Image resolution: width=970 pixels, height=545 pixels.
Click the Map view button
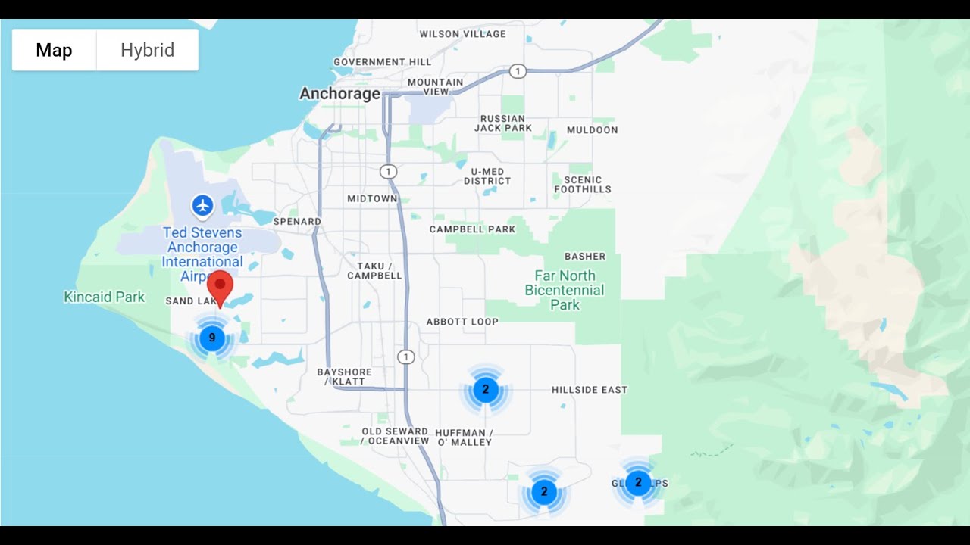(54, 51)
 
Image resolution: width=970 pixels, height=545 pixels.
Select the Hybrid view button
(147, 51)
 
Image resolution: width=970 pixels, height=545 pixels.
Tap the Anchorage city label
(339, 94)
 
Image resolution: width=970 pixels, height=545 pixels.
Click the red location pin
(220, 286)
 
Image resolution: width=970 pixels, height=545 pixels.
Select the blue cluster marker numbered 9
(212, 338)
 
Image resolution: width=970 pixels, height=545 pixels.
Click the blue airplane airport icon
(202, 205)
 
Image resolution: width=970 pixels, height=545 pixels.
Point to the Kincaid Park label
(104, 297)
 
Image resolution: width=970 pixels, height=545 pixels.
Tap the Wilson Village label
(462, 34)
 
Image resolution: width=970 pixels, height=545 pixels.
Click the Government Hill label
(382, 62)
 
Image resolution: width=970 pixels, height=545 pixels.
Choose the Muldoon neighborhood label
(592, 130)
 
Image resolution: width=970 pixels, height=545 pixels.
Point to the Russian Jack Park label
(503, 123)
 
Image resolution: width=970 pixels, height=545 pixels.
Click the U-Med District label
(487, 176)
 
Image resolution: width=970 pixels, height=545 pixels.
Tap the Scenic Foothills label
(582, 185)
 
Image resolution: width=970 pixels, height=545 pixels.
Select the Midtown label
(372, 199)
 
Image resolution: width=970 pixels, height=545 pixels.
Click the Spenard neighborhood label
(297, 222)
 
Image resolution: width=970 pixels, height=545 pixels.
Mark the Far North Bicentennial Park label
(565, 291)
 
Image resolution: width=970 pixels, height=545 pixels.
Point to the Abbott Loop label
(462, 322)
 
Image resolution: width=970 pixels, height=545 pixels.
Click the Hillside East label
(589, 390)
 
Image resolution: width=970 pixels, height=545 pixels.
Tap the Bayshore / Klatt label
(345, 377)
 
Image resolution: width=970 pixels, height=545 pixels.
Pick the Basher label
(585, 257)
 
